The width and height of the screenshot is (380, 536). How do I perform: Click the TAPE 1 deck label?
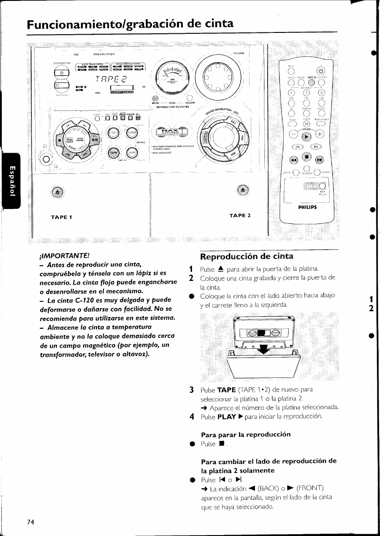point(62,217)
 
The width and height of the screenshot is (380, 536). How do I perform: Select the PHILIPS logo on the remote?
point(308,208)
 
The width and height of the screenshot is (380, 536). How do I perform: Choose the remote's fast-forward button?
point(320,159)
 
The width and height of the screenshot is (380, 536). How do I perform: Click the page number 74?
point(31,522)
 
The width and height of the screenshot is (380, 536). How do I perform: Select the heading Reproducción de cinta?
point(246,257)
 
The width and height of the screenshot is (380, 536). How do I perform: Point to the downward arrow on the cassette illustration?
point(260,349)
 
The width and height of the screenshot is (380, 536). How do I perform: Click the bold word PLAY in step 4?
point(227,417)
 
